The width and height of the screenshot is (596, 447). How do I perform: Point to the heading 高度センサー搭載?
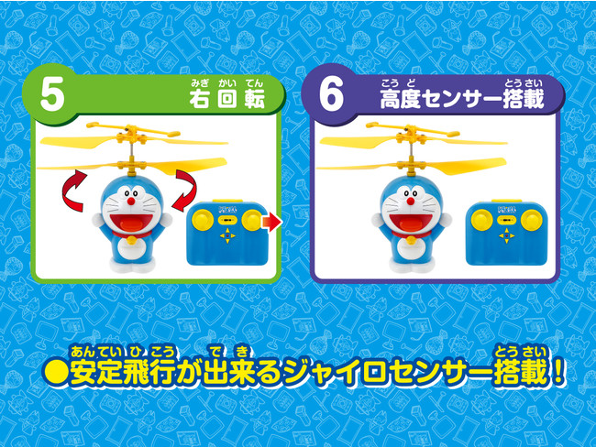[x=462, y=100]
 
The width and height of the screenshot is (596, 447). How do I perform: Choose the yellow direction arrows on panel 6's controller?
[x=504, y=236]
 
